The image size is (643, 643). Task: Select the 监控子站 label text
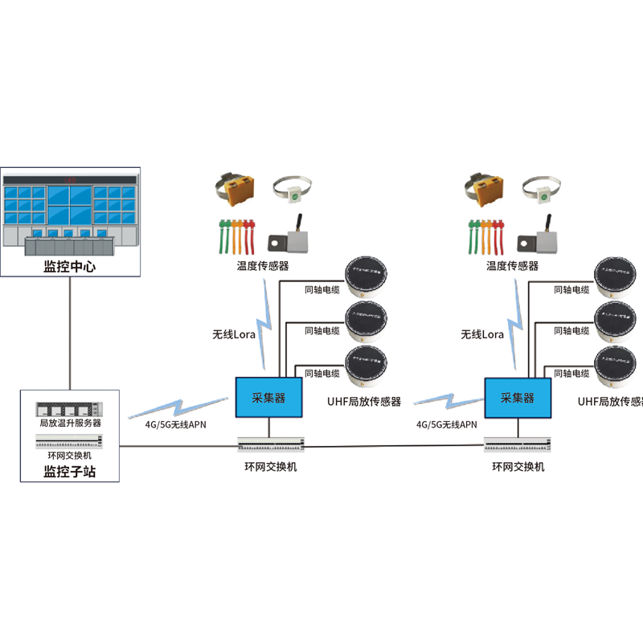(70, 473)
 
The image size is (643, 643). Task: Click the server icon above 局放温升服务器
(70, 408)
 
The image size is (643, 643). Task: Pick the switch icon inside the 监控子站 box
(70, 440)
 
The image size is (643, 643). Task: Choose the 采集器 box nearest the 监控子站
(268, 397)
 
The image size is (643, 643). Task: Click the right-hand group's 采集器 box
(518, 397)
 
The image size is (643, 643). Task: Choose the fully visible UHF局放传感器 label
(363, 400)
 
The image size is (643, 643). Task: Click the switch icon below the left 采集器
(272, 443)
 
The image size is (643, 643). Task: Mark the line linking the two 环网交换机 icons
(394, 446)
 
